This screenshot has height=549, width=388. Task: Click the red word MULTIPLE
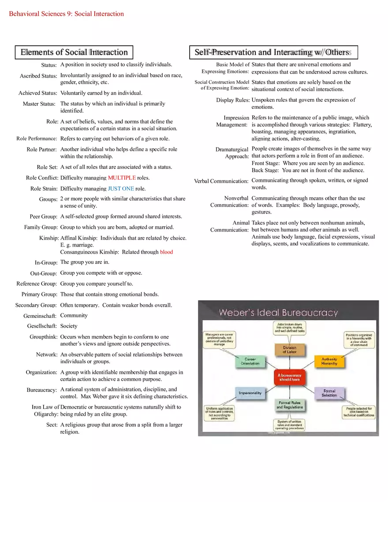point(122,178)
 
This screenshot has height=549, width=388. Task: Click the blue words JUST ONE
point(121,189)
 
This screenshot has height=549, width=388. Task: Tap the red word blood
point(166,252)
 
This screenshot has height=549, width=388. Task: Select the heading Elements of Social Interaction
point(74,52)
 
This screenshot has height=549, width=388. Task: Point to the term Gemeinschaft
point(40,316)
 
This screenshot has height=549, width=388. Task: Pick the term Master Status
point(39,104)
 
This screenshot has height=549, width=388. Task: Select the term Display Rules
point(233,100)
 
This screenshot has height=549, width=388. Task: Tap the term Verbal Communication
point(221,181)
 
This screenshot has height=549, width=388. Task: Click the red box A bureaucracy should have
point(289,377)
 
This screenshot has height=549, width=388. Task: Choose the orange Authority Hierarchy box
point(329,361)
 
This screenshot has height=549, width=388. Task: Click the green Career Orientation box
point(250,361)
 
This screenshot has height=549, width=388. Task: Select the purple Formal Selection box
point(329,393)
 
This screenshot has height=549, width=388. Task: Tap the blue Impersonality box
point(250,393)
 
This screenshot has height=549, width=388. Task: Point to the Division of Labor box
point(290,350)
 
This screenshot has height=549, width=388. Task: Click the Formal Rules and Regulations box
point(290,405)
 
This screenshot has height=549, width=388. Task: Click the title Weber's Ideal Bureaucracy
point(278,313)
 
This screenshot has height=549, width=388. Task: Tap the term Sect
point(52,425)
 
